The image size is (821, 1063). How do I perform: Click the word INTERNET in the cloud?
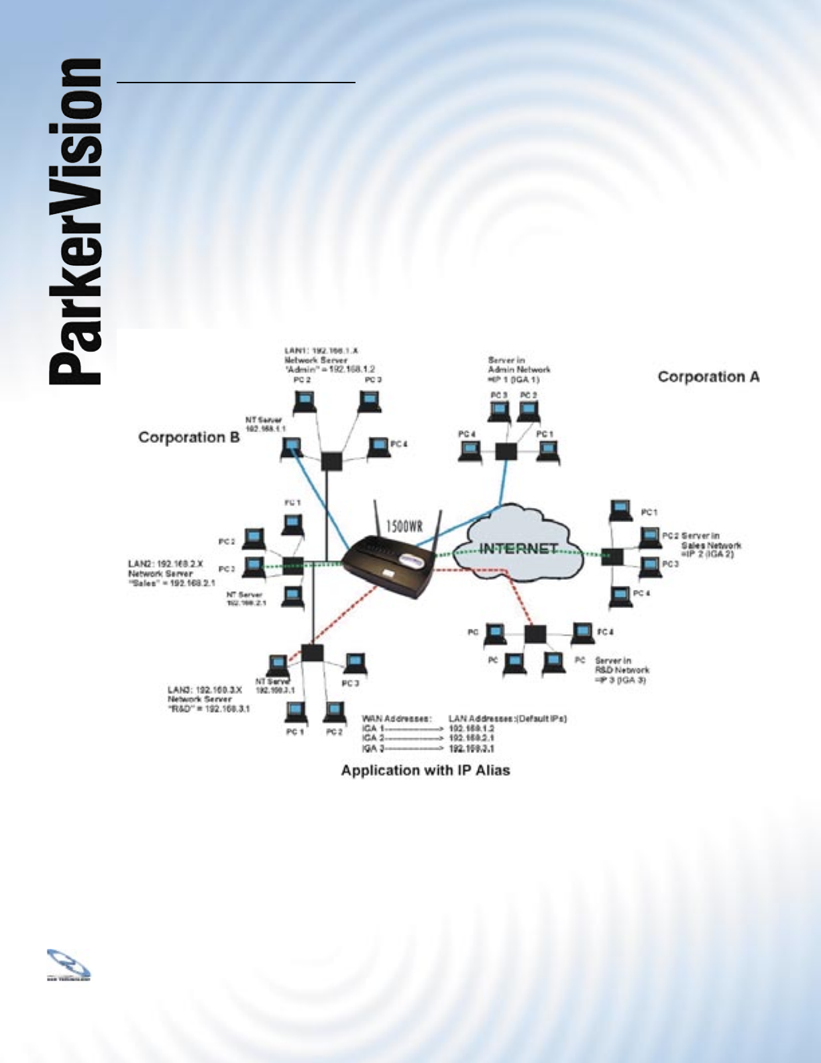click(x=518, y=549)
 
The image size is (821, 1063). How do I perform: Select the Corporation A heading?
click(x=708, y=376)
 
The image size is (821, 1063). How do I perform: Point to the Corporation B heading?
click(x=188, y=438)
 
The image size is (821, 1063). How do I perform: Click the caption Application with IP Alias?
click(x=425, y=770)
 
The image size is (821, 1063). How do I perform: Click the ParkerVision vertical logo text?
click(x=75, y=221)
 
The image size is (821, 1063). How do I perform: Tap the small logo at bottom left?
click(x=68, y=965)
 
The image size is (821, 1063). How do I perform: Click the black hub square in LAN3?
click(x=312, y=654)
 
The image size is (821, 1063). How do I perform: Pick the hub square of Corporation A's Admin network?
click(x=505, y=452)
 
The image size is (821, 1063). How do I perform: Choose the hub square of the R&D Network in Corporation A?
click(x=535, y=634)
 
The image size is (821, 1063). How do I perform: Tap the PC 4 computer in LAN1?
click(x=378, y=447)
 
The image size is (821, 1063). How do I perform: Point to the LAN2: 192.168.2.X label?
click(x=166, y=564)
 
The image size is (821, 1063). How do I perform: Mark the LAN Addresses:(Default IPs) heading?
click(x=508, y=719)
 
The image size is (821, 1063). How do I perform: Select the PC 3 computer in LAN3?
click(x=353, y=664)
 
